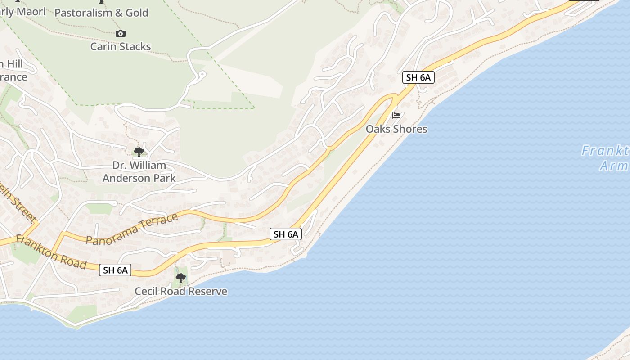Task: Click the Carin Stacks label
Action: coord(121,46)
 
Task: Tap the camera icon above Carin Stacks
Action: coord(120,33)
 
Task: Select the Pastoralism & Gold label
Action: coord(101,13)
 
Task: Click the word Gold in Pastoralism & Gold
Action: coord(137,13)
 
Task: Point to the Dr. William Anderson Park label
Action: coord(139,171)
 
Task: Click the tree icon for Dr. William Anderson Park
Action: coord(139,152)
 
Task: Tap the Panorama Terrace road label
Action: coord(132,229)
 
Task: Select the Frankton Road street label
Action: coord(51,252)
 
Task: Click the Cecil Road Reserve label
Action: coord(181,291)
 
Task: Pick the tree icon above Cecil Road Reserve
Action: coord(181,278)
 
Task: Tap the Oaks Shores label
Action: coord(396,129)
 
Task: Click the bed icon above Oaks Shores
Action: coord(396,116)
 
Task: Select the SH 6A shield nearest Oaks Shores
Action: coord(418,77)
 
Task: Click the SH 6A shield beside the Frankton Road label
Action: coord(115,270)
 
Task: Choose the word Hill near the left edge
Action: coord(13,64)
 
